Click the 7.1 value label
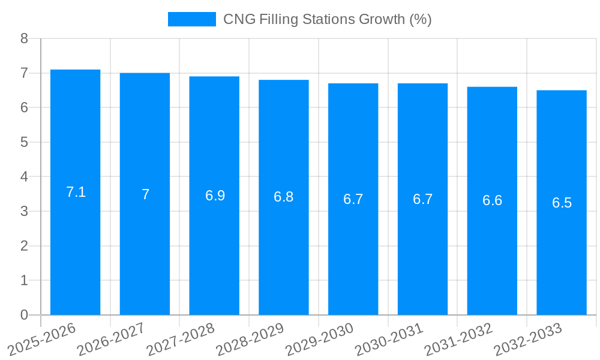point(76,193)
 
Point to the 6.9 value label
point(215,196)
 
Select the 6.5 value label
point(562,203)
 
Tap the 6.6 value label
point(492,201)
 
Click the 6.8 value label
point(283,197)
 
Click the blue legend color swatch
point(191,19)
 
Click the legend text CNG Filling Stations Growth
point(327,19)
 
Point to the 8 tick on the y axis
point(24,39)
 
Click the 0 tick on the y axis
point(24,315)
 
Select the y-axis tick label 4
point(24,177)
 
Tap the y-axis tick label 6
point(24,108)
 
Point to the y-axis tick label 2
point(24,246)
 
